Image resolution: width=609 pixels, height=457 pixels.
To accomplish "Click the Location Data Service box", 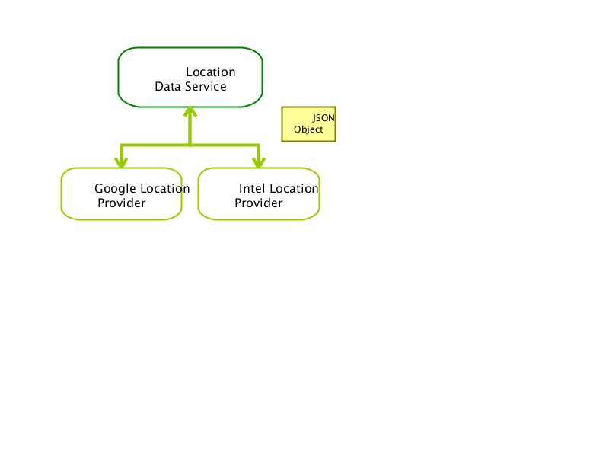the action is (x=190, y=78).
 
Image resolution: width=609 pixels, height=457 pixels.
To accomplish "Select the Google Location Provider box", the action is (x=122, y=194).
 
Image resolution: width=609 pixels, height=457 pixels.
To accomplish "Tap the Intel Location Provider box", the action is (x=259, y=194).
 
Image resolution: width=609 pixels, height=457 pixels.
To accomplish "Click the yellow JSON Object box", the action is (x=309, y=124).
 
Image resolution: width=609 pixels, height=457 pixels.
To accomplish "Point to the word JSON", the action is (x=324, y=118).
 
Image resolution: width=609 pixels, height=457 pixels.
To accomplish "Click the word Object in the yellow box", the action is (x=308, y=129).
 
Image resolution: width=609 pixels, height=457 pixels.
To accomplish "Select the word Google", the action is (x=116, y=189).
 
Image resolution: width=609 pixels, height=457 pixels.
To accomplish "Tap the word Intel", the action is (x=252, y=188).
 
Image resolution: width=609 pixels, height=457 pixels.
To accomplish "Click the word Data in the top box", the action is (x=167, y=86).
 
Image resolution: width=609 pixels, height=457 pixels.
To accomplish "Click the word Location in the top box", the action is (x=211, y=72).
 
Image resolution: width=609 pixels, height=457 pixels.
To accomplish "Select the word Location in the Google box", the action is (x=165, y=188).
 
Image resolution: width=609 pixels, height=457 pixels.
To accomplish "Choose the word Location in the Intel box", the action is (x=294, y=188).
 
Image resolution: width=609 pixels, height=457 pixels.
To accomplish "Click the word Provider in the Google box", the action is (x=122, y=203).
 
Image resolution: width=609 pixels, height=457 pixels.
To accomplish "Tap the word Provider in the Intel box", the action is (x=259, y=203).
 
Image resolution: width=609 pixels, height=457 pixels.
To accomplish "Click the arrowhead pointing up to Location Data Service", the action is (x=190, y=111).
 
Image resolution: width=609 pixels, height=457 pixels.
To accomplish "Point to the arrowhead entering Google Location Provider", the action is (x=121, y=163).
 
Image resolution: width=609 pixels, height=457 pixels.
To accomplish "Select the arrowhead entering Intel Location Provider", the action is (x=259, y=163).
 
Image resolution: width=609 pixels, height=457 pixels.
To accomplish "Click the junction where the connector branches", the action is (x=190, y=145).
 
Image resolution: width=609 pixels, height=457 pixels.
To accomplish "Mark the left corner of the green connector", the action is (x=122, y=145).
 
